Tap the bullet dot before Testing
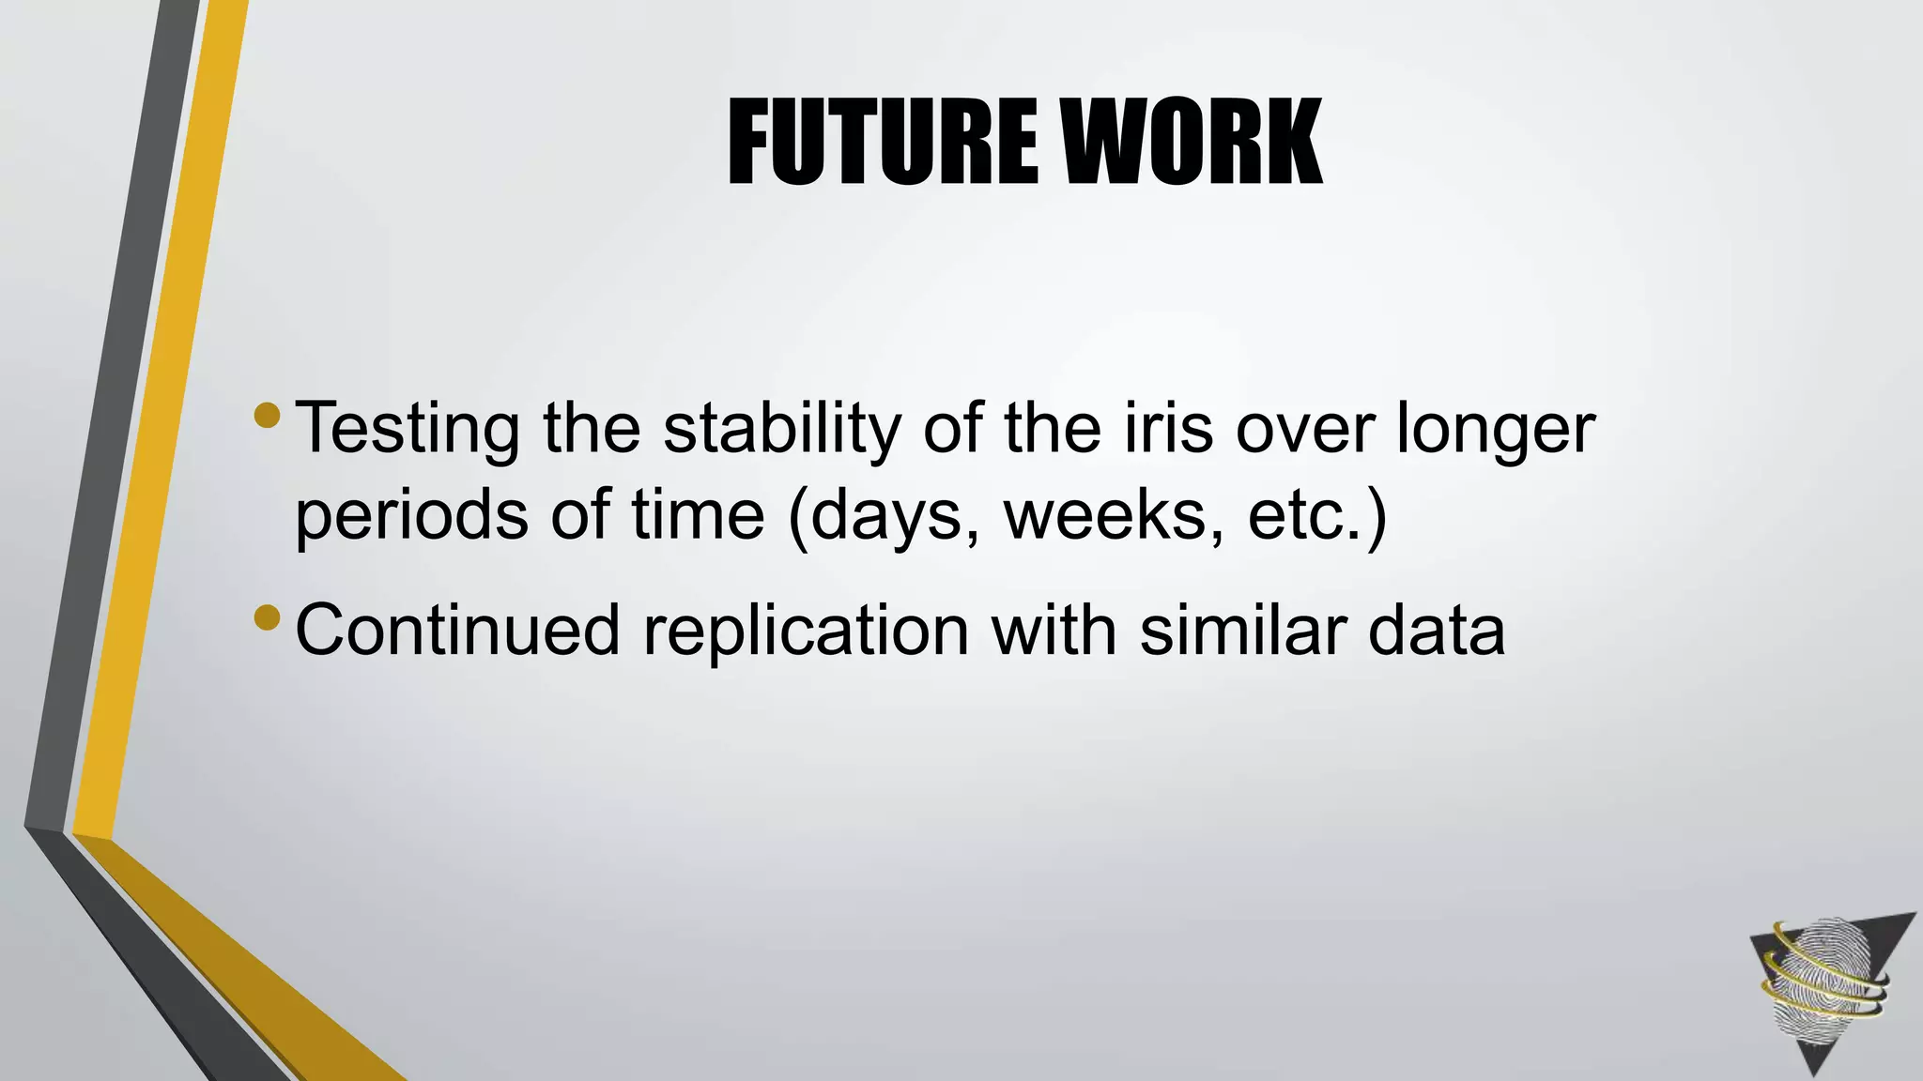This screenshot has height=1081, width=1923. pos(267,414)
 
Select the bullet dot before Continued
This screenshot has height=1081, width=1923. pos(267,617)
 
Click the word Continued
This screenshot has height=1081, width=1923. pos(457,630)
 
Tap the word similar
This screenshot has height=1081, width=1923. pos(1243,630)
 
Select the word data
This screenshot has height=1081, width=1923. pos(1437,630)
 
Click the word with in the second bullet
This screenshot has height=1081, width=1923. pos(1054,630)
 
